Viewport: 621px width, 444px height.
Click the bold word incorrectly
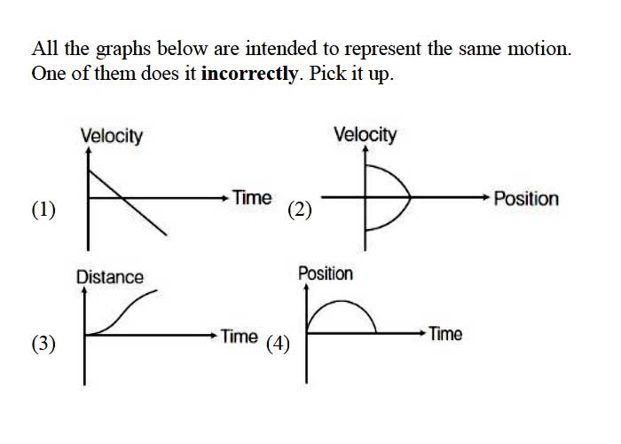coord(249,74)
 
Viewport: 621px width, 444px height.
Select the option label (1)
coord(43,210)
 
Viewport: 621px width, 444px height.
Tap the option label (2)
coord(300,210)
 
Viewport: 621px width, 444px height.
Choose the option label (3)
coord(43,344)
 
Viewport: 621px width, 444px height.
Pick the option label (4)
coord(278,344)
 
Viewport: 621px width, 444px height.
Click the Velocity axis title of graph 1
coord(112,136)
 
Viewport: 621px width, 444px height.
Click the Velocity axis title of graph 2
coord(366,135)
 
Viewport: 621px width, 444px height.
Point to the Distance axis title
coord(110,277)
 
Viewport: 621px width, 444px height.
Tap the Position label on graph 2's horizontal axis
coord(526,199)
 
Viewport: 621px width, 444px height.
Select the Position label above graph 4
coord(326,274)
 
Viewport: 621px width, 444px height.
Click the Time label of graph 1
coord(252,197)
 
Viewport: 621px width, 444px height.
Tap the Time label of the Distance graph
coord(240,337)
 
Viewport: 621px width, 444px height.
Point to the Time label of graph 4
coord(446,334)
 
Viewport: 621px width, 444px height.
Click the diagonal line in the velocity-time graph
coord(128,202)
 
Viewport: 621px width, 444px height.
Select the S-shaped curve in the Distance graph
coord(122,313)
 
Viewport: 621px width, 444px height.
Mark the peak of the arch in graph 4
coord(341,302)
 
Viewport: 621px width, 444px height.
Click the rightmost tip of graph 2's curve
coord(411,196)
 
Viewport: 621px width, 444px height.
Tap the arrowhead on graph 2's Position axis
coord(486,197)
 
